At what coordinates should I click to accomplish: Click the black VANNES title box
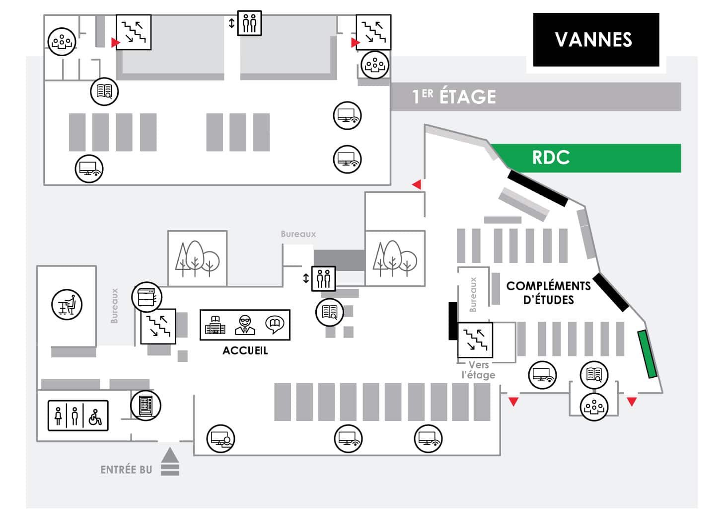[596, 40]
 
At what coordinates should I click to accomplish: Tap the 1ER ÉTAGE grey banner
[536, 96]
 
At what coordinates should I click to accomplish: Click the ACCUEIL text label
[245, 350]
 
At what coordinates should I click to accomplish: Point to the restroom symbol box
[78, 416]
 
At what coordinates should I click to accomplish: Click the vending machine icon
[145, 406]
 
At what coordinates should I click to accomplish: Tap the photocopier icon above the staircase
[146, 297]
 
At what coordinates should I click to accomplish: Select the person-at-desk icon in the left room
[67, 305]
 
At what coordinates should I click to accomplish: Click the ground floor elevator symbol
[323, 278]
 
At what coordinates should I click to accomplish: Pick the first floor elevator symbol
[249, 23]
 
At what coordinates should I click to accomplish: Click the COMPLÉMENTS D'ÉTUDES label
[548, 293]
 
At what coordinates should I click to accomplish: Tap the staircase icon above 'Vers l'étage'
[475, 340]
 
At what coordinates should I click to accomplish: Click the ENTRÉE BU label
[126, 470]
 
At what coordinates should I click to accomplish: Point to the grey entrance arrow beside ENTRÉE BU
[170, 461]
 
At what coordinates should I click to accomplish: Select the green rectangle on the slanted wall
[648, 354]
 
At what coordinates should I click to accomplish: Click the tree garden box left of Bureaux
[198, 258]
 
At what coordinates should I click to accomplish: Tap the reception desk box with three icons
[245, 325]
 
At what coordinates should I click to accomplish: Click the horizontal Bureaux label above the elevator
[298, 234]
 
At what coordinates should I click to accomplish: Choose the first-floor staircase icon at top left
[134, 32]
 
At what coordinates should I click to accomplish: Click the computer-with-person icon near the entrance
[221, 439]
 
